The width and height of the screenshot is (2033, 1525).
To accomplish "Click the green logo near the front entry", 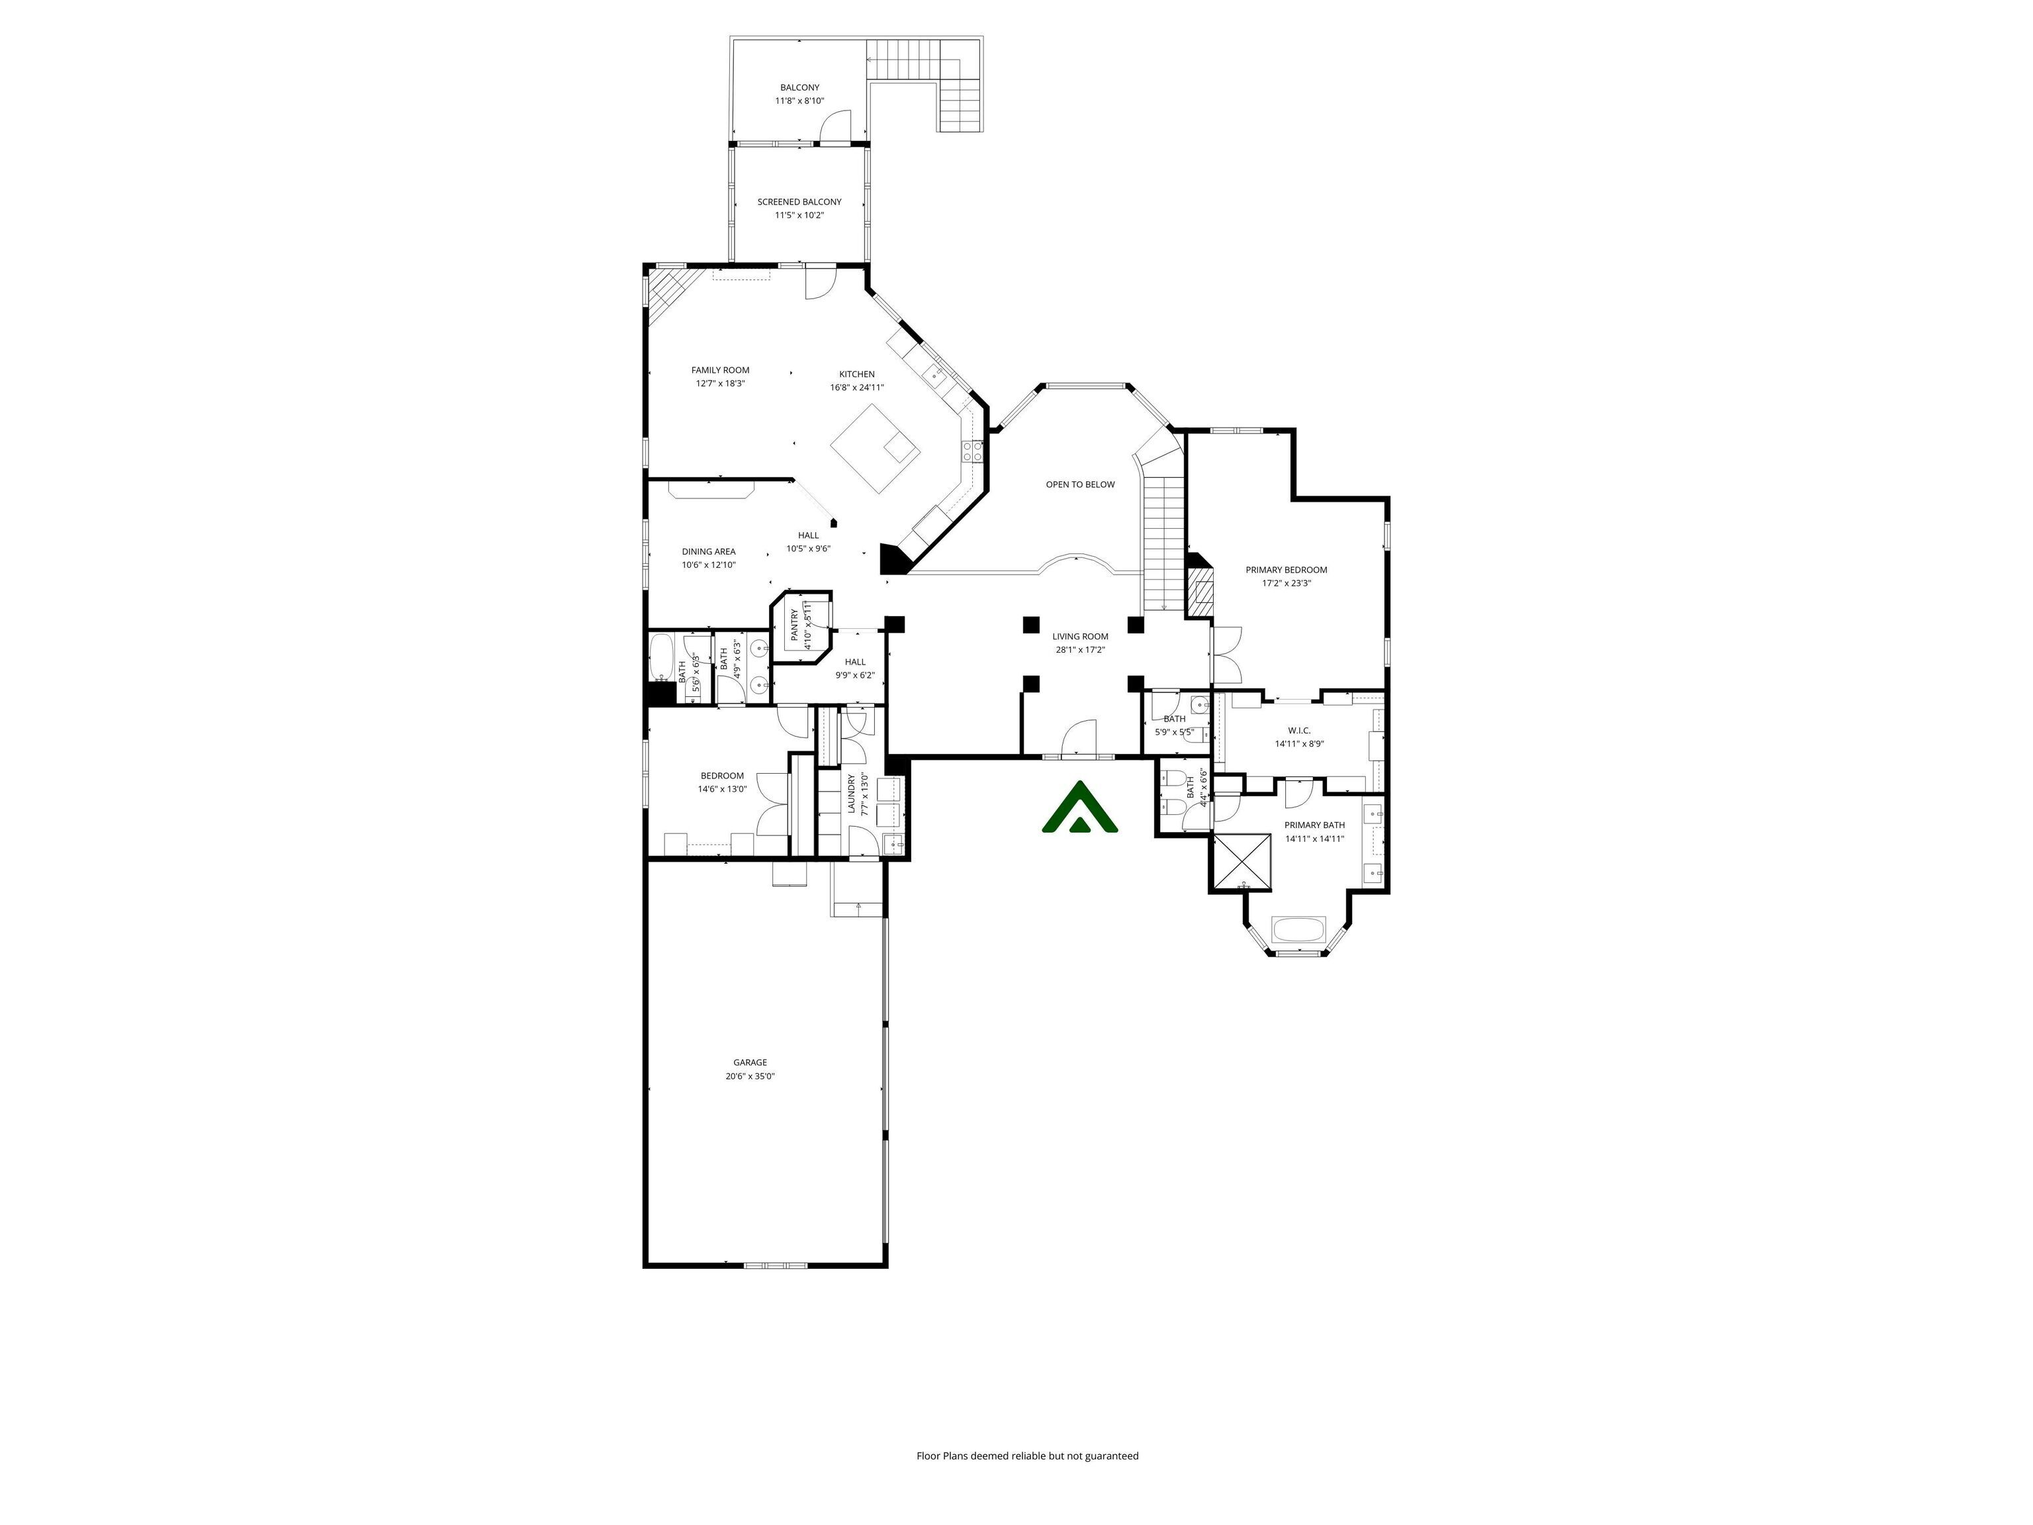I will coord(1080,809).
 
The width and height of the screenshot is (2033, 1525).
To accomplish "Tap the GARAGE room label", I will coord(750,1062).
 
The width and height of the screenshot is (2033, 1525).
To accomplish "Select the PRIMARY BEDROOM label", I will coord(1286,570).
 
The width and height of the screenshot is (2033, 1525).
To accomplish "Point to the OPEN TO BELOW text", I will coord(1080,485).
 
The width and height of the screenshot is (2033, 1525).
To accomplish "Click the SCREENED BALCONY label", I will coord(799,203).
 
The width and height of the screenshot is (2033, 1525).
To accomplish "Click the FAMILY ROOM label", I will coord(721,371).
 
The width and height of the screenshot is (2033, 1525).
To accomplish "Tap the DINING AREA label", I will coord(709,551).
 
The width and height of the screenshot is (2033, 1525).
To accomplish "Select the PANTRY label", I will coord(795,625).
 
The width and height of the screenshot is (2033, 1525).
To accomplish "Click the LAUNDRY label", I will coord(851,794).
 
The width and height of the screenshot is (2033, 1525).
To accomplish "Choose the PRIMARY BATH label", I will coord(1314,825).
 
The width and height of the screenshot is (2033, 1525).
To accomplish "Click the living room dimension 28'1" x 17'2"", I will coord(1080,650).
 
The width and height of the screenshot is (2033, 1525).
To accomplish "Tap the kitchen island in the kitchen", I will coord(874,449).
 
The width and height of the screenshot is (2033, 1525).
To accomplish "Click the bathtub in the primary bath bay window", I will coord(1298,929).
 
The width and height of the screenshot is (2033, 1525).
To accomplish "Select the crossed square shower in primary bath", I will coord(1243,863).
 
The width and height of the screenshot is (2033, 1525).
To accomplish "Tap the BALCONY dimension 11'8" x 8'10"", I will coord(799,101).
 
